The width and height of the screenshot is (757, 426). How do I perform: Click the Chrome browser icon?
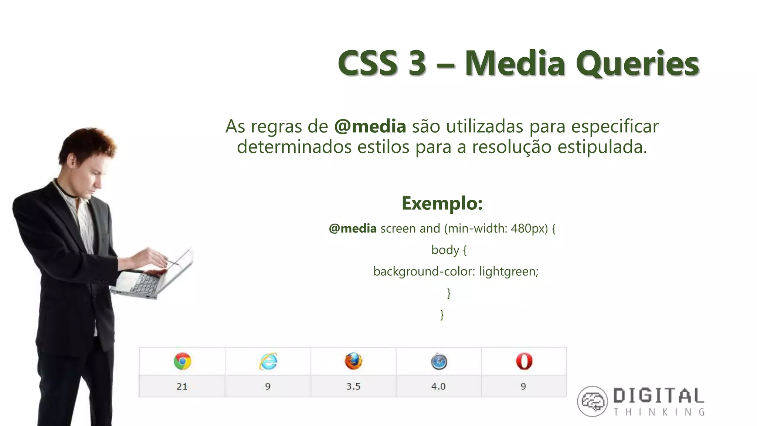tap(182, 361)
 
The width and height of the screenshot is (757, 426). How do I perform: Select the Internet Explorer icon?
tap(268, 361)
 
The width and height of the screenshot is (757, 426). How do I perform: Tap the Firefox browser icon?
tap(353, 361)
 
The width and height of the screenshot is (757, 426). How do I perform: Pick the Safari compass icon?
tap(439, 362)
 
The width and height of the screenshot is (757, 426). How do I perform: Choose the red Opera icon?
tap(524, 361)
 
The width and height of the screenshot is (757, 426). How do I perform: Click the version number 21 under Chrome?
tap(182, 386)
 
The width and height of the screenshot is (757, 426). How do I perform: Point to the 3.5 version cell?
tap(353, 386)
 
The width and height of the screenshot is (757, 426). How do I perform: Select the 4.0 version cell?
tap(438, 386)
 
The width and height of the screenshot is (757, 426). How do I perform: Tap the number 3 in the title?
tap(417, 64)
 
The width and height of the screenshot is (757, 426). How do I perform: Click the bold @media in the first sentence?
tap(370, 126)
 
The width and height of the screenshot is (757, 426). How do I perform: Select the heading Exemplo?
tap(442, 203)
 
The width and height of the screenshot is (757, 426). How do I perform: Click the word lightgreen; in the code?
tap(509, 271)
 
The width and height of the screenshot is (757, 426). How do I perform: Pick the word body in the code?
tap(445, 250)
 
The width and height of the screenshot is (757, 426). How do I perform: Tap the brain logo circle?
tap(592, 401)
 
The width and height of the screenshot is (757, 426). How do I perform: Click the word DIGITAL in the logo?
tap(659, 396)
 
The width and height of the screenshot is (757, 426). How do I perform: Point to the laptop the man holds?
tap(155, 277)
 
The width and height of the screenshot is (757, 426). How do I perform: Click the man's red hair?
tap(87, 142)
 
